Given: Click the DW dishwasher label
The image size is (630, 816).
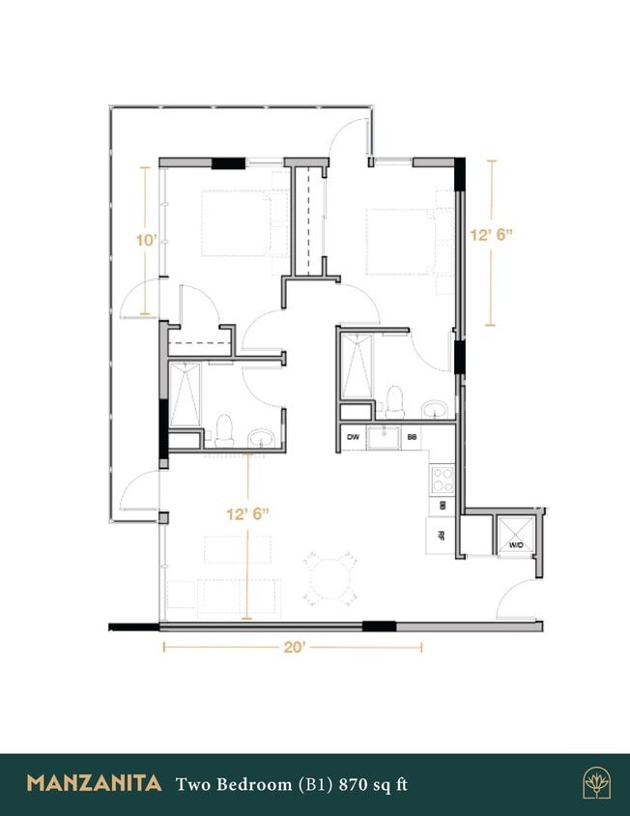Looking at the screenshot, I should click(x=353, y=438).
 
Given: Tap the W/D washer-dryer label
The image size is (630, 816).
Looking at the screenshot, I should click(x=516, y=546).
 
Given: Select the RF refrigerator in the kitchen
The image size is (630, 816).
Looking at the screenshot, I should click(x=441, y=535).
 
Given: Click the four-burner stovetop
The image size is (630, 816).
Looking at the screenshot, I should click(x=442, y=478).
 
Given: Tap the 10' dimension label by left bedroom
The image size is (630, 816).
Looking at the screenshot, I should click(x=146, y=240).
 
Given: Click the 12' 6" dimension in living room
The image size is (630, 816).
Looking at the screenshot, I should click(x=248, y=514).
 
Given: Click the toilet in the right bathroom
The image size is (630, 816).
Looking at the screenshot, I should click(x=394, y=399).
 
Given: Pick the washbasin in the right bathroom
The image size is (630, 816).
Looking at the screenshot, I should click(x=438, y=408).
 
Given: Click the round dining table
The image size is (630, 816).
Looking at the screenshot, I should click(x=329, y=577).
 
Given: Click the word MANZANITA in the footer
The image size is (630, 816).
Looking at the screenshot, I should click(x=94, y=783).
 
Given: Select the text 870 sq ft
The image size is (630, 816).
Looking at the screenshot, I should click(x=371, y=783).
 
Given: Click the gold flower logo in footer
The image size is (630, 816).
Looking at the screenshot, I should click(x=596, y=783).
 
